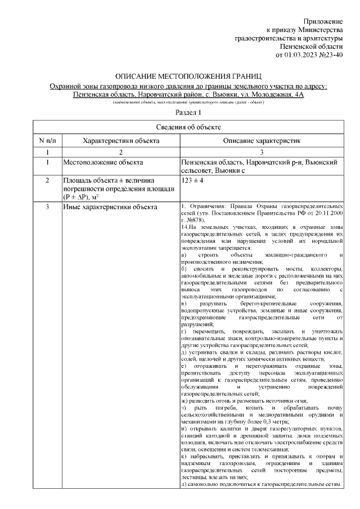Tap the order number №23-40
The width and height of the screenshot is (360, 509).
click(x=331, y=55)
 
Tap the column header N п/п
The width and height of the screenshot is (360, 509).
click(x=48, y=139)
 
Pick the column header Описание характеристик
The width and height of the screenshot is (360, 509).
click(x=262, y=139)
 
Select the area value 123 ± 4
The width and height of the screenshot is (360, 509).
click(x=192, y=181)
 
